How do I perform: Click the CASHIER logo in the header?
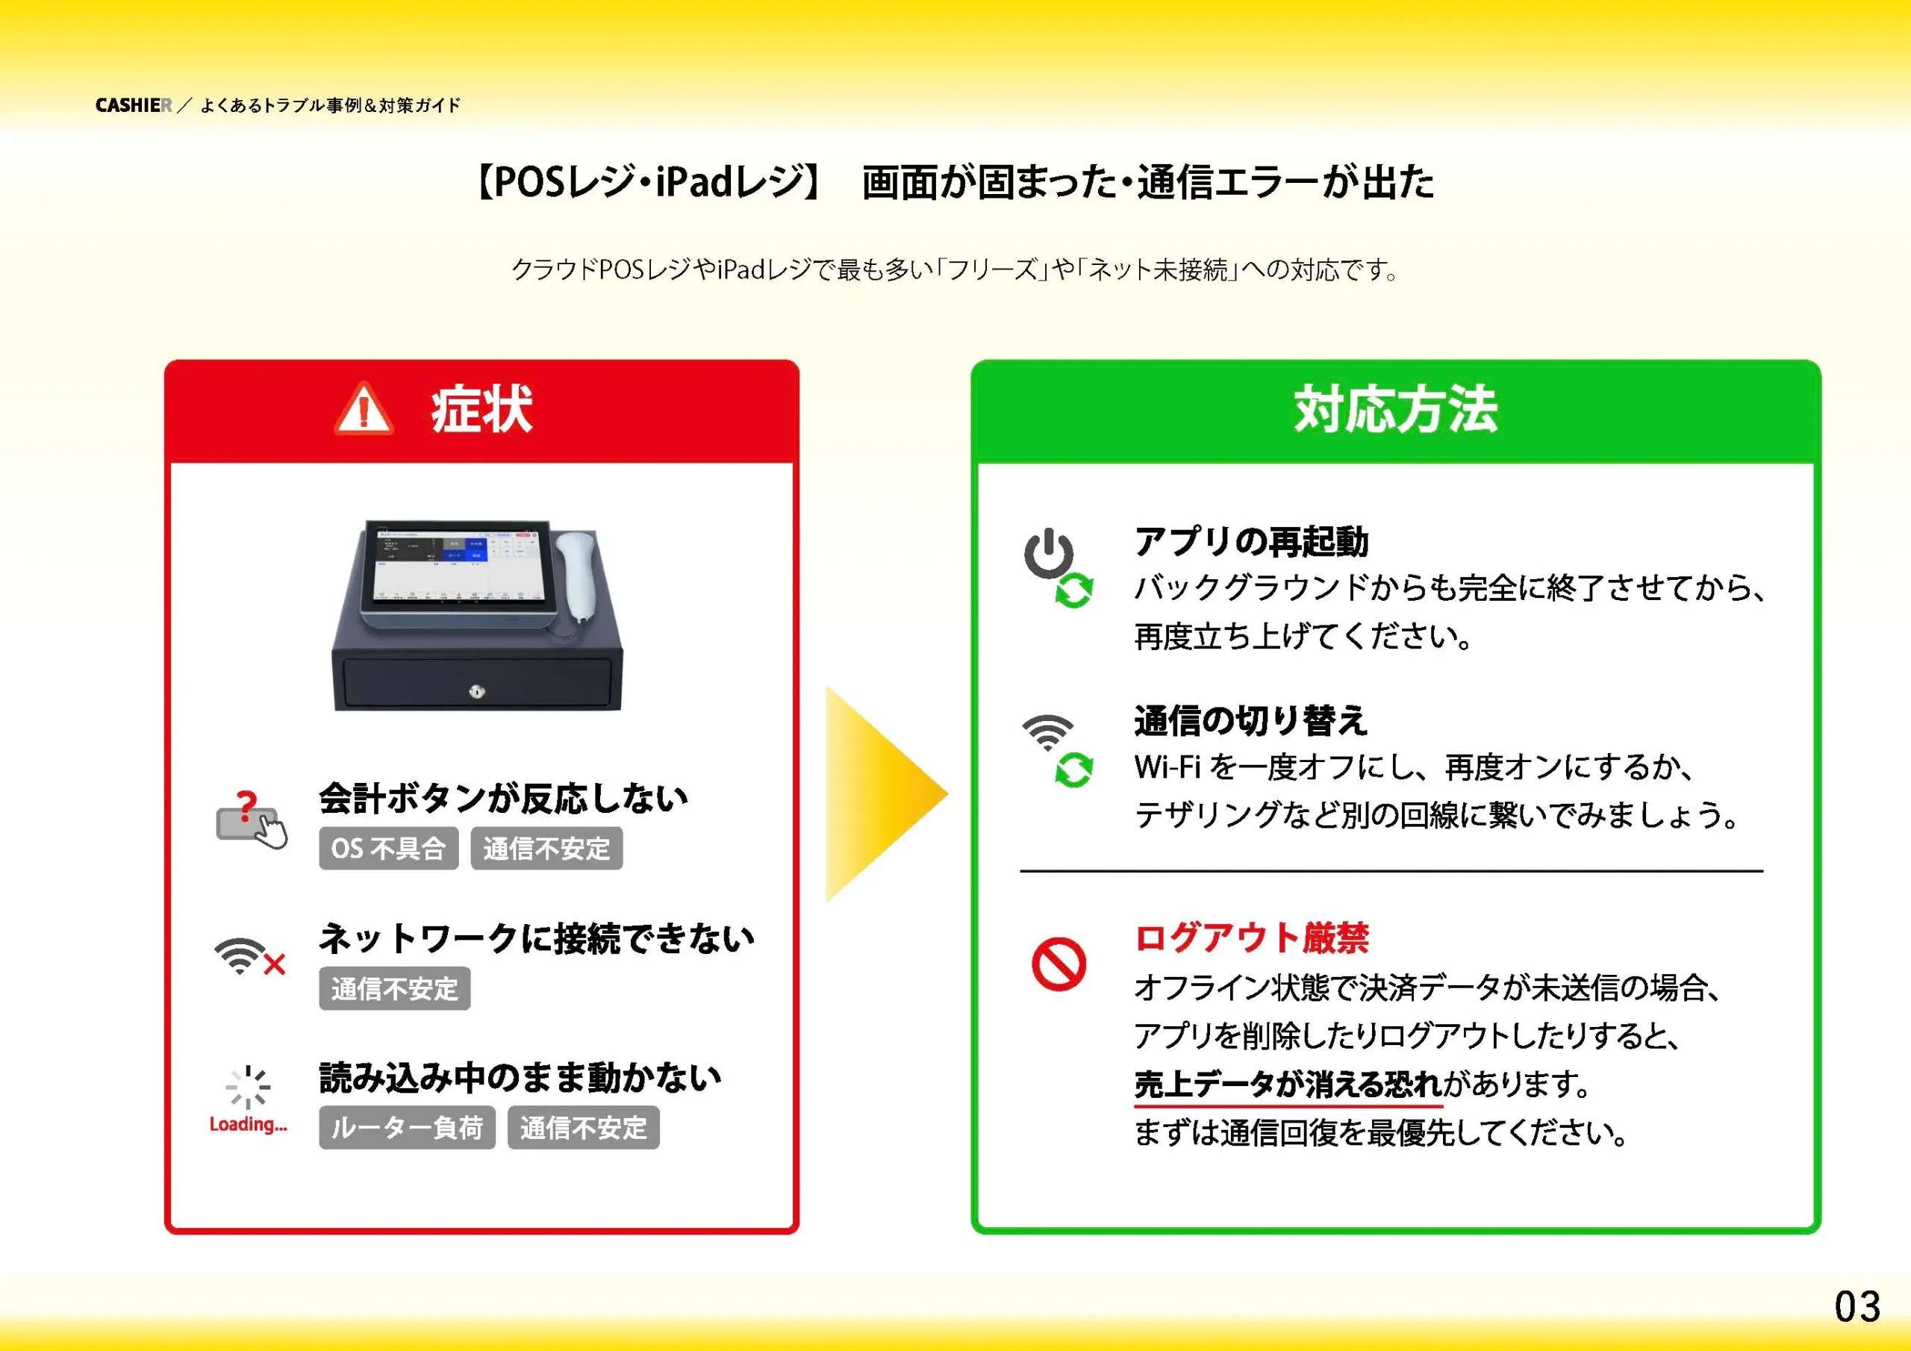133,106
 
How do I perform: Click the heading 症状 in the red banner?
481,409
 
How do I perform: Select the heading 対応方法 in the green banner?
1396,409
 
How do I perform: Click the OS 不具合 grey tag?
389,848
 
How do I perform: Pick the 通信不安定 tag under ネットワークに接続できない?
395,988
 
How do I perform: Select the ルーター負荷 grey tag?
407,1127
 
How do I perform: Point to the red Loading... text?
248,1125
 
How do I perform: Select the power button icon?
1049,553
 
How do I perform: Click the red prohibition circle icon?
1059,965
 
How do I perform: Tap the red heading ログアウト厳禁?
1252,937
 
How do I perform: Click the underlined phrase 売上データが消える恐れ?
1288,1084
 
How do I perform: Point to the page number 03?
1857,1306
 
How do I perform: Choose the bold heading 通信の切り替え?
1251,721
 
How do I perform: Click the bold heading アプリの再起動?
1251,542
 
